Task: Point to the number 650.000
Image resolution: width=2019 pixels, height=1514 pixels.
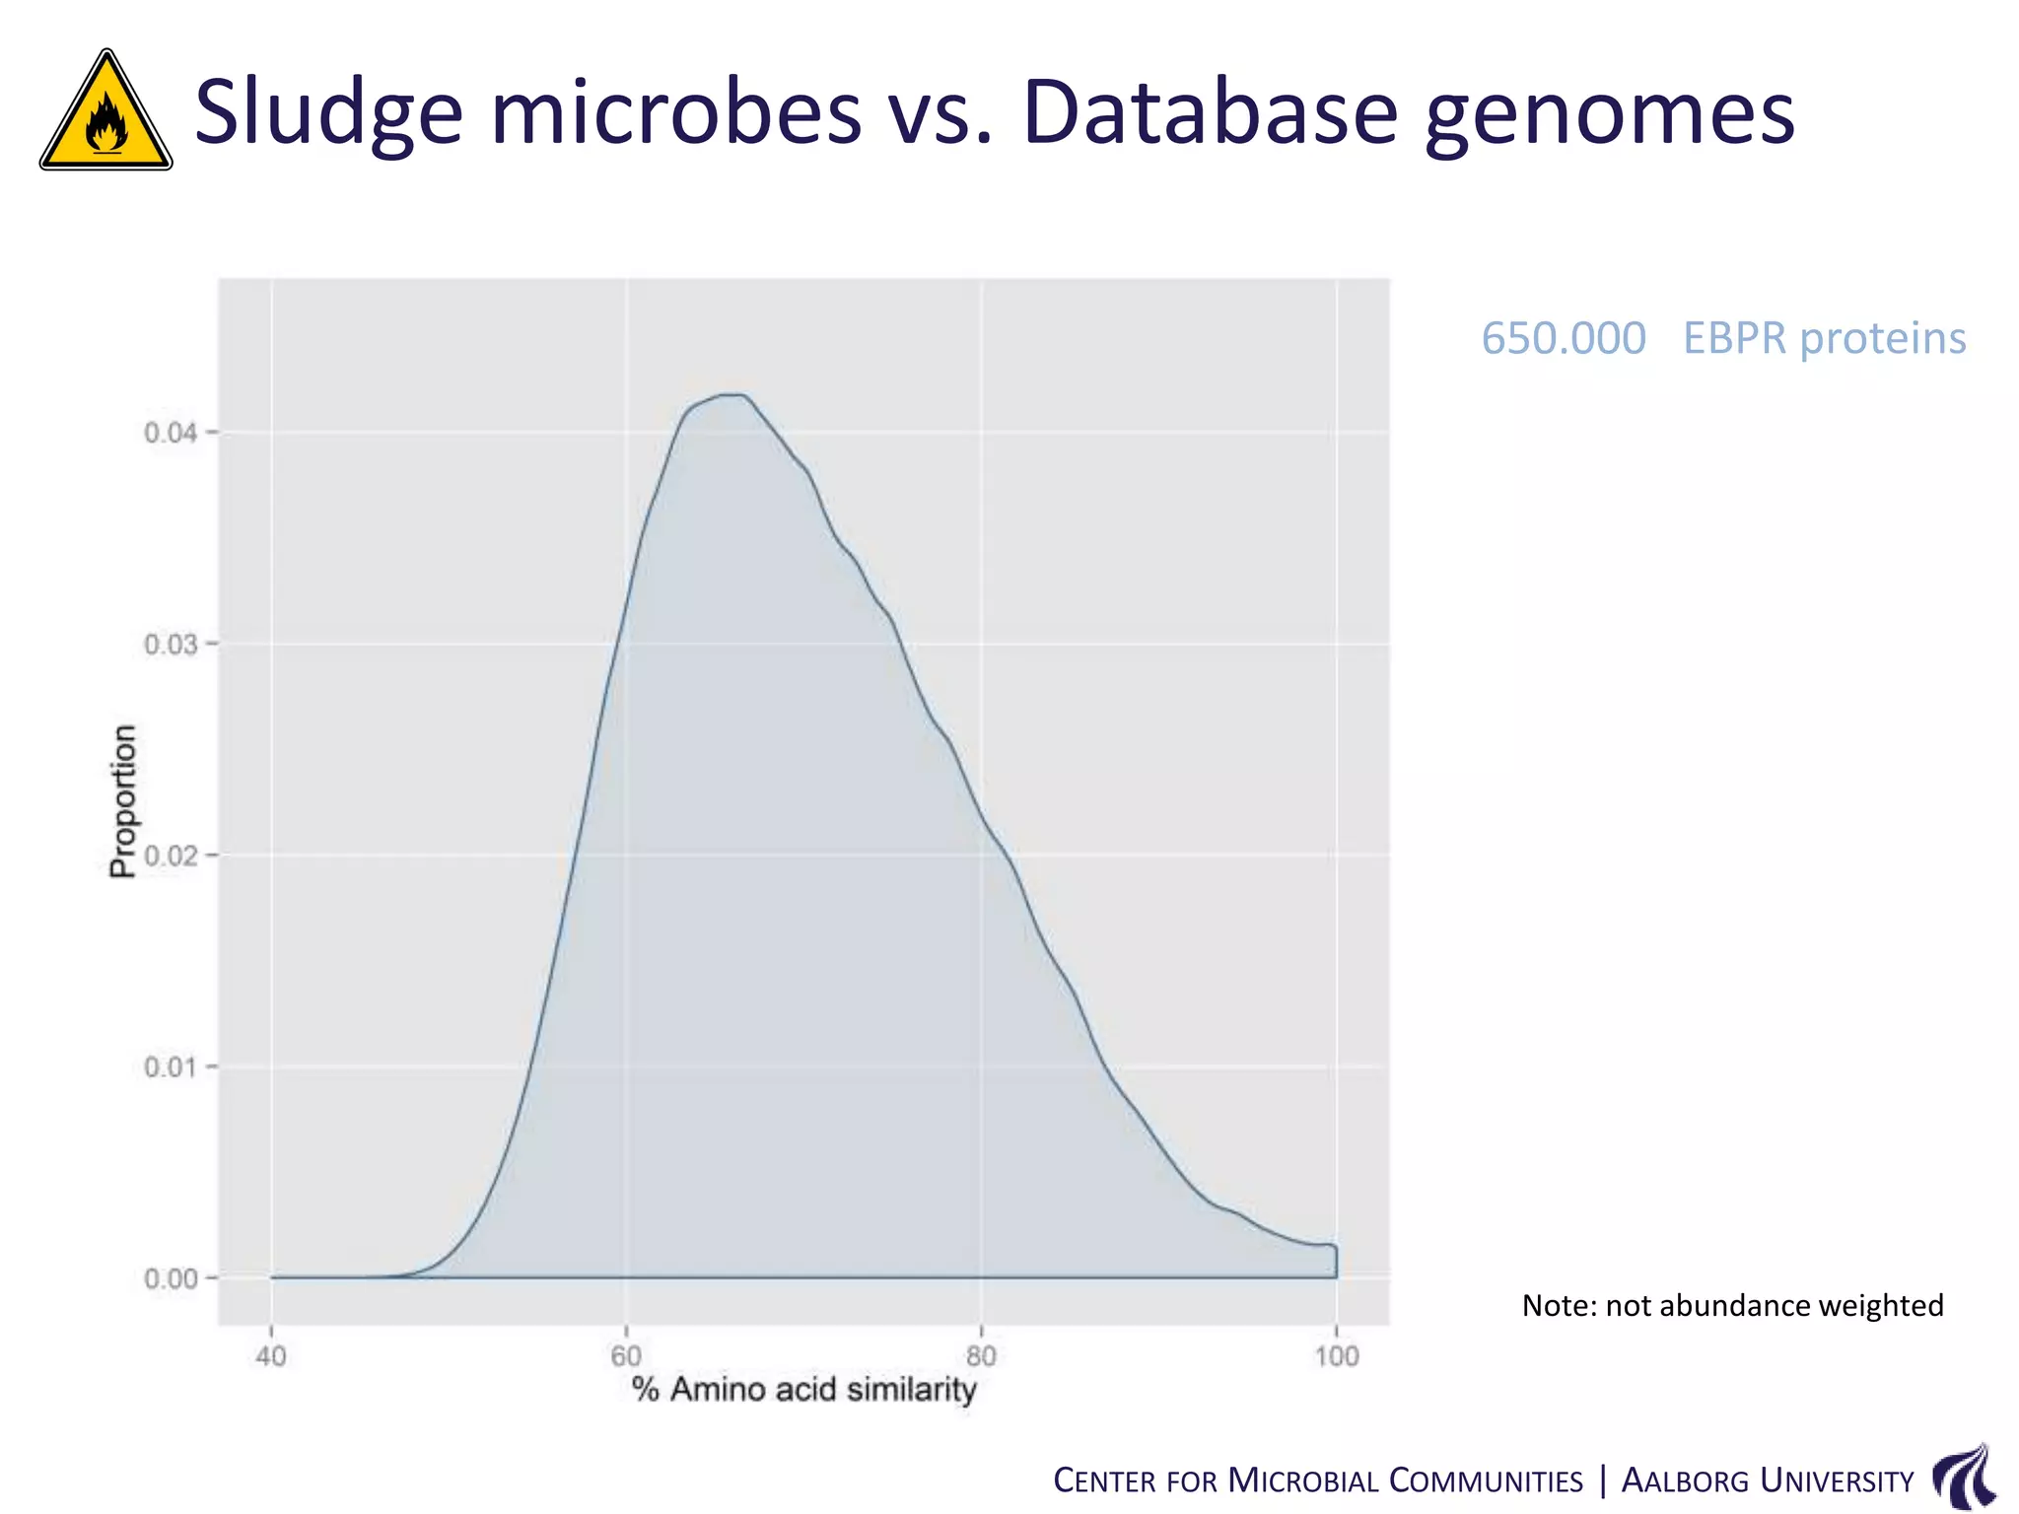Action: tap(1563, 338)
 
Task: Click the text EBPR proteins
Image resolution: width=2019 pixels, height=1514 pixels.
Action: tap(1824, 338)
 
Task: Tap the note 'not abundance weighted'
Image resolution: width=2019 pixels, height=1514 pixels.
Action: tap(1732, 1305)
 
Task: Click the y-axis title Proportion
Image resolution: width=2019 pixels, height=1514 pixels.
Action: tap(123, 800)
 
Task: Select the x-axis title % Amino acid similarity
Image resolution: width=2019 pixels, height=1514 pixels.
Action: tap(803, 1389)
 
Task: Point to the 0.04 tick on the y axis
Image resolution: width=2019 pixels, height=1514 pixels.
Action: tap(171, 433)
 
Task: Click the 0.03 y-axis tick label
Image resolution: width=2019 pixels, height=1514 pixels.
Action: tap(171, 645)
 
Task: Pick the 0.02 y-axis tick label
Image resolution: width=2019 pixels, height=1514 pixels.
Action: tap(171, 856)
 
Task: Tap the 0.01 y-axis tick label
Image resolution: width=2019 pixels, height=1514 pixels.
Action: tap(171, 1067)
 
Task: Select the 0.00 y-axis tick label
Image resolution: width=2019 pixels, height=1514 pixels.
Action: tap(171, 1278)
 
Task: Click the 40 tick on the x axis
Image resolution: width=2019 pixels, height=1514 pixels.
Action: tap(271, 1356)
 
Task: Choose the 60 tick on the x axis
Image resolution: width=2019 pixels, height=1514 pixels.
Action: tap(626, 1356)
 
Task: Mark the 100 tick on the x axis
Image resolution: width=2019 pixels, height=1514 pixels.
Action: tap(1336, 1356)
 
